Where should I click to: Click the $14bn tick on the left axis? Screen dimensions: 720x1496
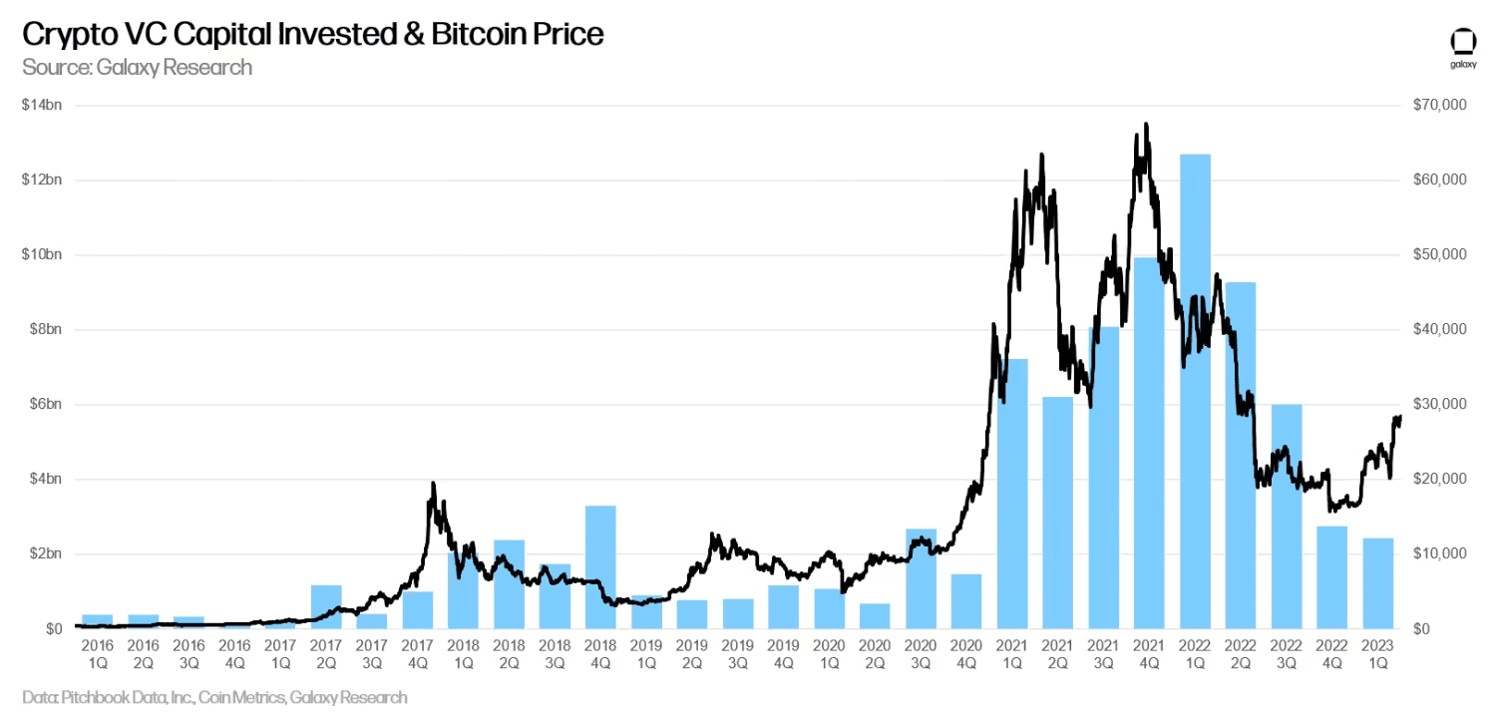coord(41,105)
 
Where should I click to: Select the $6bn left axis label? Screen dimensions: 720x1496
coord(41,404)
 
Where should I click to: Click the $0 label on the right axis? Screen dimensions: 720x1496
coord(1421,628)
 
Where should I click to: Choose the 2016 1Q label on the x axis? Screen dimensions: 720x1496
coord(98,653)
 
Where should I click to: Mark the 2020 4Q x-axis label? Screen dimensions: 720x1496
coord(965,653)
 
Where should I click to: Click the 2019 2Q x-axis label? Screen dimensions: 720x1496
coord(691,653)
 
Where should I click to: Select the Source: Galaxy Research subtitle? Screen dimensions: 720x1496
coord(137,67)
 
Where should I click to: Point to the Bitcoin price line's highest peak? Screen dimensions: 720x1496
coord(1146,125)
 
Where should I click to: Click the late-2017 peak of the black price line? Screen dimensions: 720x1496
coord(433,484)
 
